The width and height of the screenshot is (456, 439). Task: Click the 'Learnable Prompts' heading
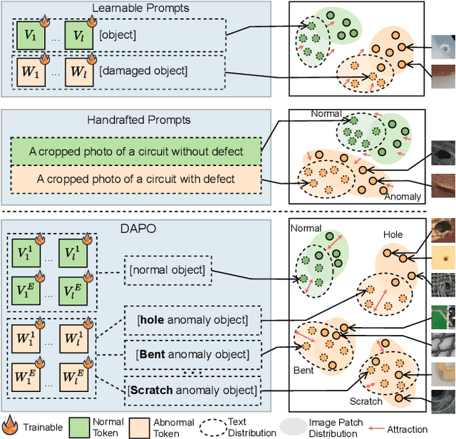tap(139, 9)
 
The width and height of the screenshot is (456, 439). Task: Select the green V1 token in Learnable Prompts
tap(31, 36)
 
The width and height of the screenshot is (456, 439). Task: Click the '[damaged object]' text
tap(135, 71)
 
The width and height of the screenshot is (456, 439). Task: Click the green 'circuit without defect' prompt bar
tap(136, 151)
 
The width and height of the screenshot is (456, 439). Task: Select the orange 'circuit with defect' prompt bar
tap(136, 177)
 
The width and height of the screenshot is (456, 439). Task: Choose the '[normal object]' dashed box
tap(167, 270)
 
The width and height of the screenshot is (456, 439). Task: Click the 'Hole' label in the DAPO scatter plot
tap(393, 234)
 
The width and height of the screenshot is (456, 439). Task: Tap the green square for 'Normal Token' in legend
tap(79, 427)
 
